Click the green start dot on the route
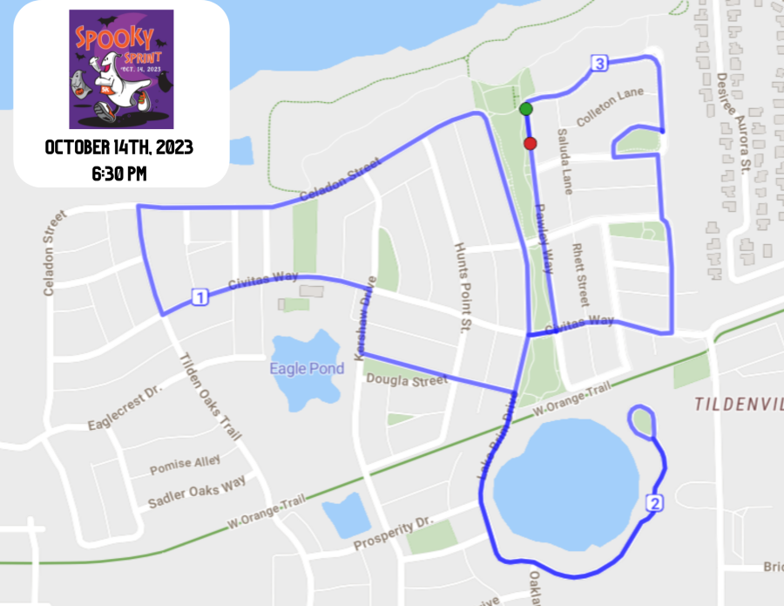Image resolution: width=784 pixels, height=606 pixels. (525, 109)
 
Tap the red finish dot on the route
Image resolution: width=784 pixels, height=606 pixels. (530, 143)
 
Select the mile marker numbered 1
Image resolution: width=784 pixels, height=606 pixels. (199, 298)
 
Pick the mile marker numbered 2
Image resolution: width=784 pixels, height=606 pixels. (655, 502)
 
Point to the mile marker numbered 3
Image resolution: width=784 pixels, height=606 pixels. (598, 63)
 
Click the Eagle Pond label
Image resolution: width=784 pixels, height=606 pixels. (307, 369)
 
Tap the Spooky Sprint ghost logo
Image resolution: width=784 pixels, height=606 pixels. (121, 70)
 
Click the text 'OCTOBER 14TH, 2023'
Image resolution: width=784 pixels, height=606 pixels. (119, 147)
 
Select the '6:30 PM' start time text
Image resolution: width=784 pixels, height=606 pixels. (119, 174)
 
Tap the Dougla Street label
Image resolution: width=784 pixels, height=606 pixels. (406, 379)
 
